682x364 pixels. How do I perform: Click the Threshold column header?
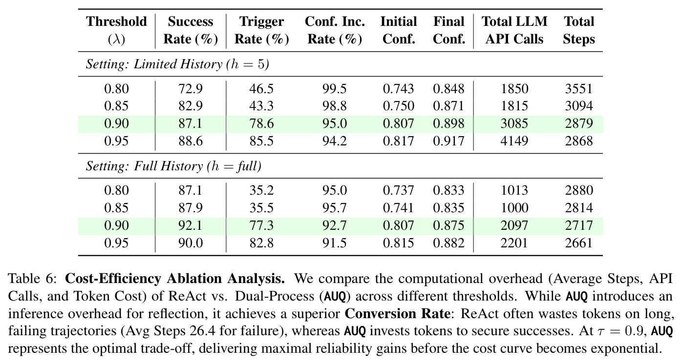(116, 30)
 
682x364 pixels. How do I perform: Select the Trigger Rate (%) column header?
(261, 30)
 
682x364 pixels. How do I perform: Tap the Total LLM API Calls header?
(514, 30)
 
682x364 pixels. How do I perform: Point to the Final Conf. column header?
(449, 30)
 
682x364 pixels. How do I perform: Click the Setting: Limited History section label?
(177, 64)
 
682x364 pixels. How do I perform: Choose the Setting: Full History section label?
(173, 166)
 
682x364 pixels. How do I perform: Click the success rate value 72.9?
(191, 89)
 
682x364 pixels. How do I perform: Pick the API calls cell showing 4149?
(514, 141)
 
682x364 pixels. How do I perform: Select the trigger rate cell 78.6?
(261, 123)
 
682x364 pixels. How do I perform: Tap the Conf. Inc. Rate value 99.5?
(335, 89)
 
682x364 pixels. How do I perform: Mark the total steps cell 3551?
(579, 89)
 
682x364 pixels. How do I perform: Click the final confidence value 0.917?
(449, 141)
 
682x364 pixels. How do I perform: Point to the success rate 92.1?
(191, 225)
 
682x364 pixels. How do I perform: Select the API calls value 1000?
(514, 208)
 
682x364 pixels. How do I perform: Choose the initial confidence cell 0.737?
(399, 190)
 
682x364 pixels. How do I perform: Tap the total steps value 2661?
(579, 243)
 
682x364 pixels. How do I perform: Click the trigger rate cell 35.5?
(261, 208)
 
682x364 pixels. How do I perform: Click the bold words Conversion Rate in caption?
(397, 314)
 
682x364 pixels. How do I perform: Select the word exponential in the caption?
(620, 348)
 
